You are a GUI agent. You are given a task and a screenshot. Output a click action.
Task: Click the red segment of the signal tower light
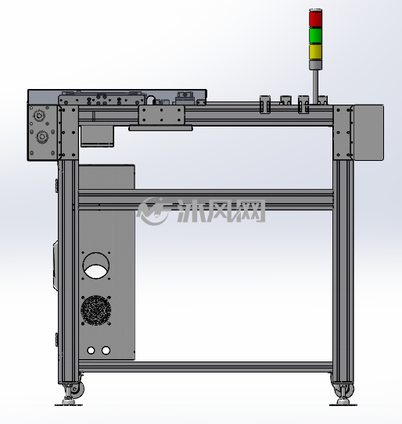[x=316, y=19]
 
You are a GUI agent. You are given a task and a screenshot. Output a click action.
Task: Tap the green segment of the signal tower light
[x=316, y=35]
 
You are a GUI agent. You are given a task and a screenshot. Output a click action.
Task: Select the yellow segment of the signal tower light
[x=316, y=52]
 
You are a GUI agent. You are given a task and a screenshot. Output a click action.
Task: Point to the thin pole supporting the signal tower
[x=316, y=87]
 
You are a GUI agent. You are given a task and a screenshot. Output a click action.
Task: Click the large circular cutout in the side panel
[x=96, y=265]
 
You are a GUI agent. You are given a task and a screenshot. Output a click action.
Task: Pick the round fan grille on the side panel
[x=96, y=310]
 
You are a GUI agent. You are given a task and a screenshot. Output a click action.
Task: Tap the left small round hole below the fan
[x=91, y=351]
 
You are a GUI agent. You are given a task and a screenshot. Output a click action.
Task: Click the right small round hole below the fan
[x=106, y=351]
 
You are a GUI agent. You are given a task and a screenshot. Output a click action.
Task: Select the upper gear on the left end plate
[x=39, y=116]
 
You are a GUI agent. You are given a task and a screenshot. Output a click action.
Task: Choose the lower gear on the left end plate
[x=42, y=137]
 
